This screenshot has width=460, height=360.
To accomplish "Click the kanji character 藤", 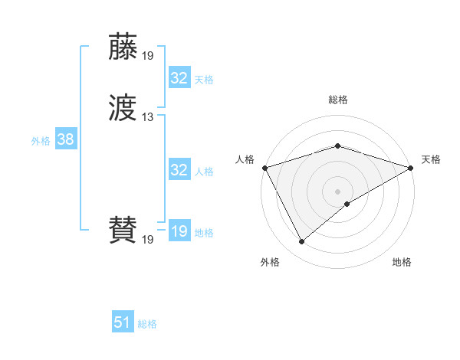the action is pyautogui.click(x=123, y=47).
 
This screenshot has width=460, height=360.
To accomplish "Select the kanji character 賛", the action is pyautogui.click(x=123, y=231).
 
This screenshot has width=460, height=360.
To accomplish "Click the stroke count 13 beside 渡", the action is pyautogui.click(x=148, y=117).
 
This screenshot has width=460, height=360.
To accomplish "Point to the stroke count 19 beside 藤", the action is pyautogui.click(x=148, y=55).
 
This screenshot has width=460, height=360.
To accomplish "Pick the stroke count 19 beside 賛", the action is pyautogui.click(x=148, y=240).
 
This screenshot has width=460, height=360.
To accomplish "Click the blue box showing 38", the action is pyautogui.click(x=65, y=140).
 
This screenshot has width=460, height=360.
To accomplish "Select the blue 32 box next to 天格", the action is pyautogui.click(x=179, y=78).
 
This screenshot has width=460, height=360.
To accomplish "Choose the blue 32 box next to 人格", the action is pyautogui.click(x=179, y=170).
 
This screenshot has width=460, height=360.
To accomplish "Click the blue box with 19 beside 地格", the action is pyautogui.click(x=179, y=231).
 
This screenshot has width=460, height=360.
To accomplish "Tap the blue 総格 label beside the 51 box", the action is pyautogui.click(x=147, y=324).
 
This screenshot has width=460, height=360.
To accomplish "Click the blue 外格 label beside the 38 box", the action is pyautogui.click(x=41, y=141).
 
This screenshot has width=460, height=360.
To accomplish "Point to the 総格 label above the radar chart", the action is pyautogui.click(x=338, y=100).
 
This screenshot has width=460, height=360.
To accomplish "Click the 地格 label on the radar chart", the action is pyautogui.click(x=402, y=263).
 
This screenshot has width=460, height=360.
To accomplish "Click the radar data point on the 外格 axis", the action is pyautogui.click(x=301, y=242).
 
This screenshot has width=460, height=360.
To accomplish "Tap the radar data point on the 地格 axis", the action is pyautogui.click(x=347, y=204).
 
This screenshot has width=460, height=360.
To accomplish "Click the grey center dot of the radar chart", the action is pyautogui.click(x=337, y=191).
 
